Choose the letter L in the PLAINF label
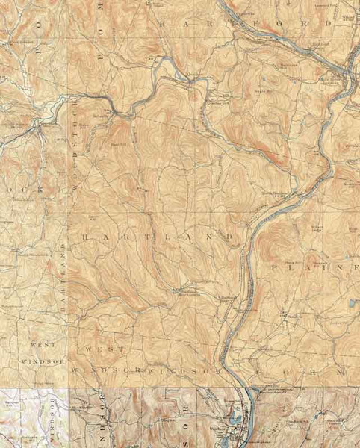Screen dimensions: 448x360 (294, 267)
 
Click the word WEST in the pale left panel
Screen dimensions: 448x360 (42, 347)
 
